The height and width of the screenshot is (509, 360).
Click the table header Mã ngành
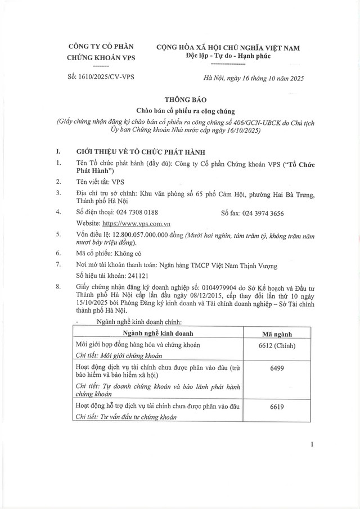point(273,332)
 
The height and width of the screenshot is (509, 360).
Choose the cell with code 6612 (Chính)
point(273,345)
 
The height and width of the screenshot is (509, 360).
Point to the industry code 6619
point(273,406)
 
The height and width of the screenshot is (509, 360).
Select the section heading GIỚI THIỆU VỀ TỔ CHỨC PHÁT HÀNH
point(141,152)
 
